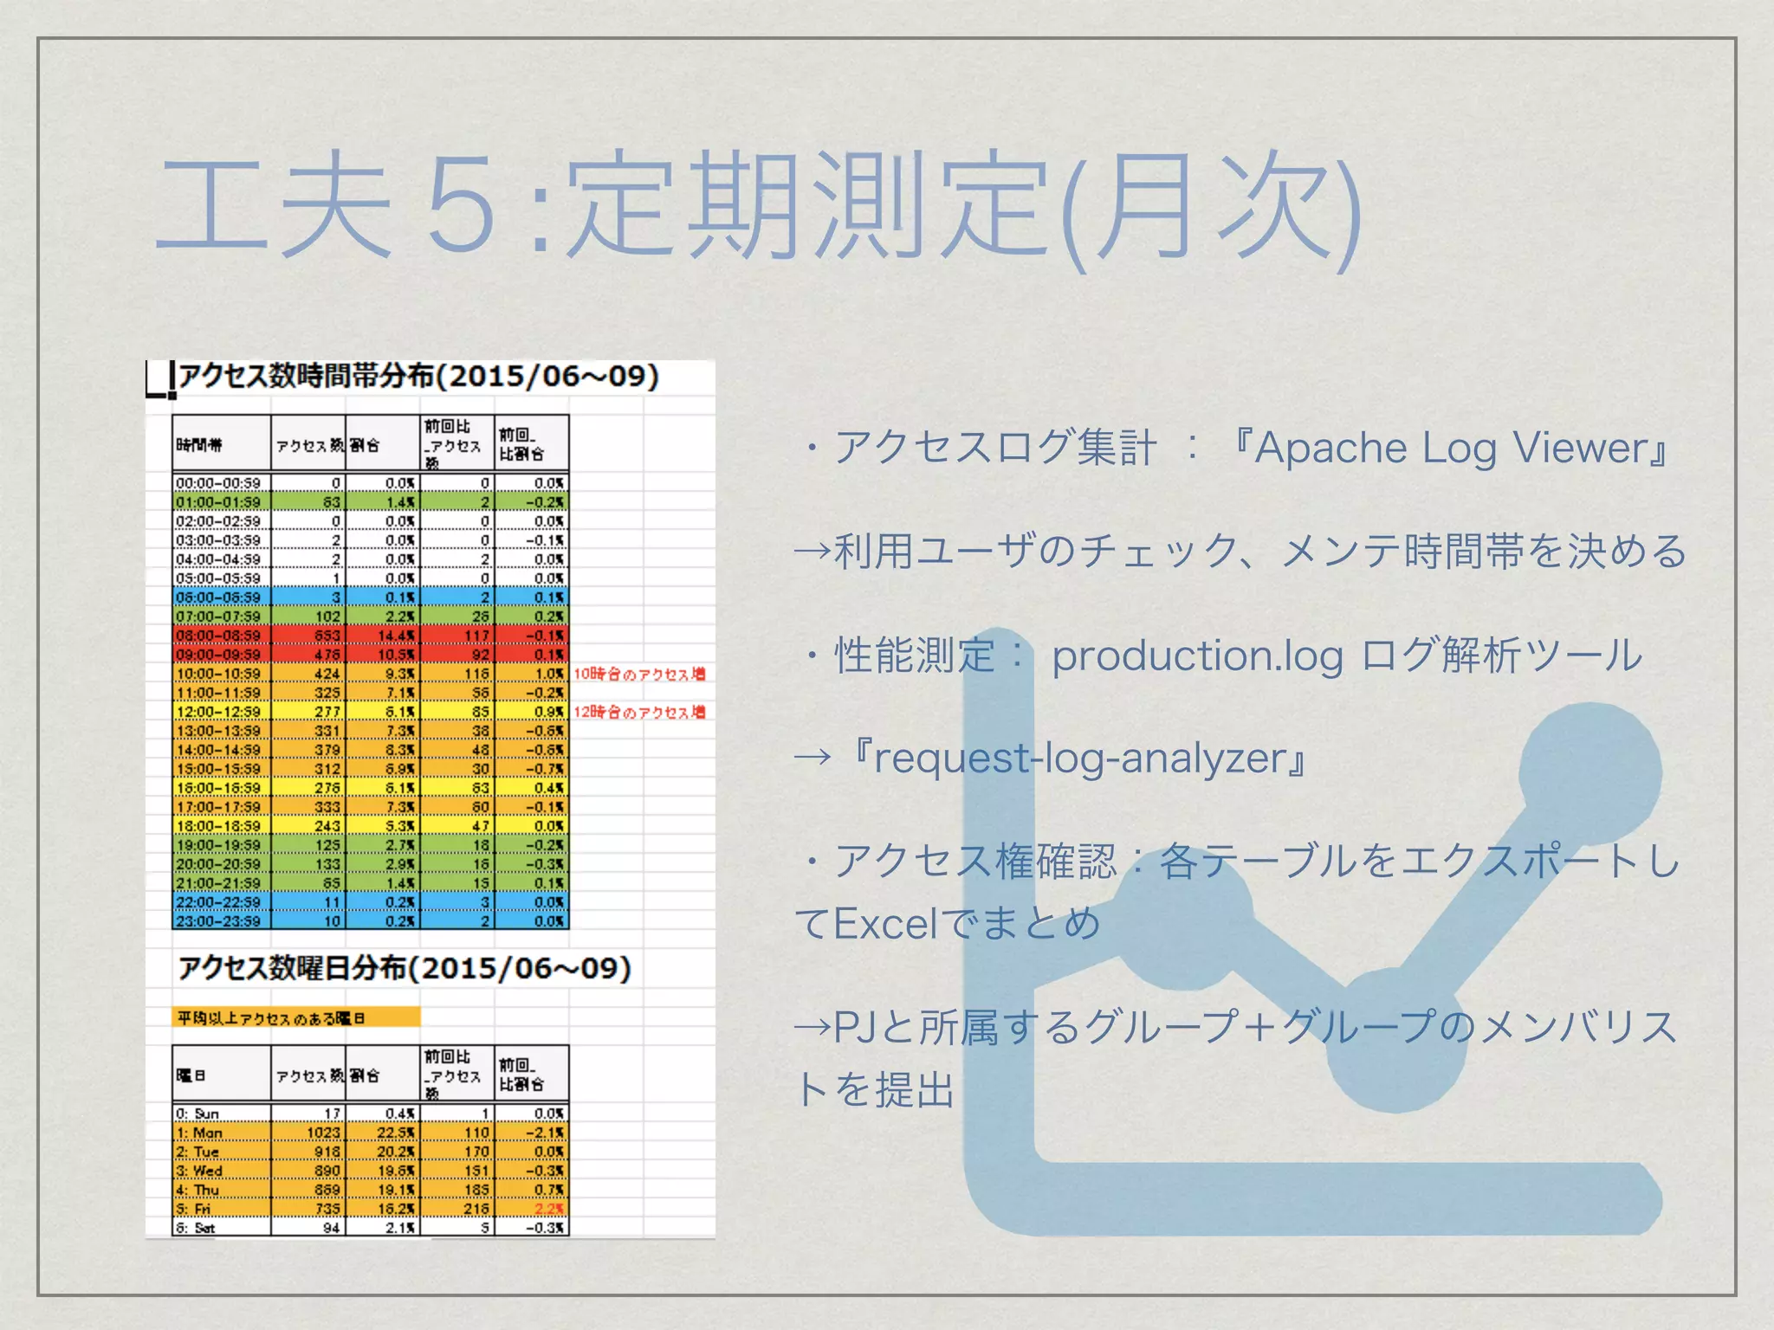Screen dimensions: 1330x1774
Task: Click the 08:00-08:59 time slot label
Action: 218,636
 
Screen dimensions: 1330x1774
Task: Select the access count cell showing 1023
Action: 323,1133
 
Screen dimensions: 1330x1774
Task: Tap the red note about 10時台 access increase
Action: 639,674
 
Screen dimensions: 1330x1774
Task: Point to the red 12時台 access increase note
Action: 639,712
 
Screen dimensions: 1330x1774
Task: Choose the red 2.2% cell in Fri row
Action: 548,1209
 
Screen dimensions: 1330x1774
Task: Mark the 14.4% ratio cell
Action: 397,636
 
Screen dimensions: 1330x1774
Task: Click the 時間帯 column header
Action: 199,445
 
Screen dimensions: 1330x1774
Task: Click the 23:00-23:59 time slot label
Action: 218,921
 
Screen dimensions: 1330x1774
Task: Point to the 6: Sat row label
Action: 196,1228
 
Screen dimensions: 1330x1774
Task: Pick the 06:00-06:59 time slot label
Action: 218,597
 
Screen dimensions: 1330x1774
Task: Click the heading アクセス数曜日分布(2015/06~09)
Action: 405,968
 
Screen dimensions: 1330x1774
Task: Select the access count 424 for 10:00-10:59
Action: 327,674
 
